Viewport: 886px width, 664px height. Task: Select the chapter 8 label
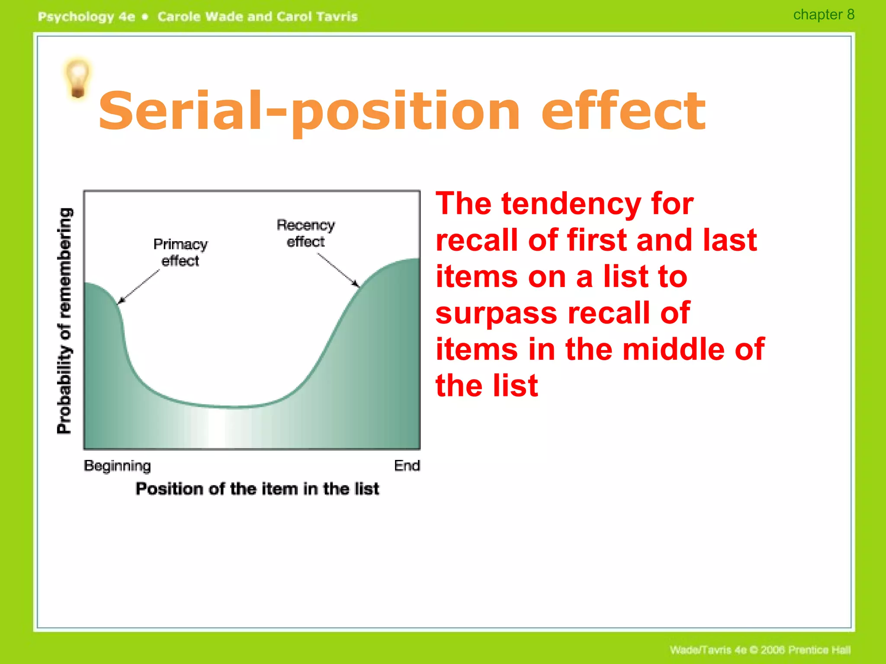(x=823, y=15)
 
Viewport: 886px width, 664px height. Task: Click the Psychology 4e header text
(x=86, y=17)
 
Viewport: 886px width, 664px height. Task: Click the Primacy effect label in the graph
(x=180, y=252)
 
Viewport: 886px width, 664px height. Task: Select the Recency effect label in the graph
(x=305, y=233)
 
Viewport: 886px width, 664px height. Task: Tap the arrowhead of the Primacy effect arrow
(x=120, y=301)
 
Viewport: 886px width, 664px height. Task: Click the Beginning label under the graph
(x=117, y=466)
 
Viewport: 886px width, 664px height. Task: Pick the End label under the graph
(x=407, y=466)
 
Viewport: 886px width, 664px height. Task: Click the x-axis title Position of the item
(x=257, y=489)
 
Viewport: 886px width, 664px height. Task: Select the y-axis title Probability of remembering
(x=64, y=320)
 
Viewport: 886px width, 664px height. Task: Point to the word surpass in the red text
(x=496, y=313)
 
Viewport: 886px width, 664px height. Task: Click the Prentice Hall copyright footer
(x=760, y=650)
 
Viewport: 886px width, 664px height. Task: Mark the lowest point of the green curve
(x=234, y=407)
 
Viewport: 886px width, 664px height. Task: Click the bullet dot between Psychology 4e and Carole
(x=145, y=17)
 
